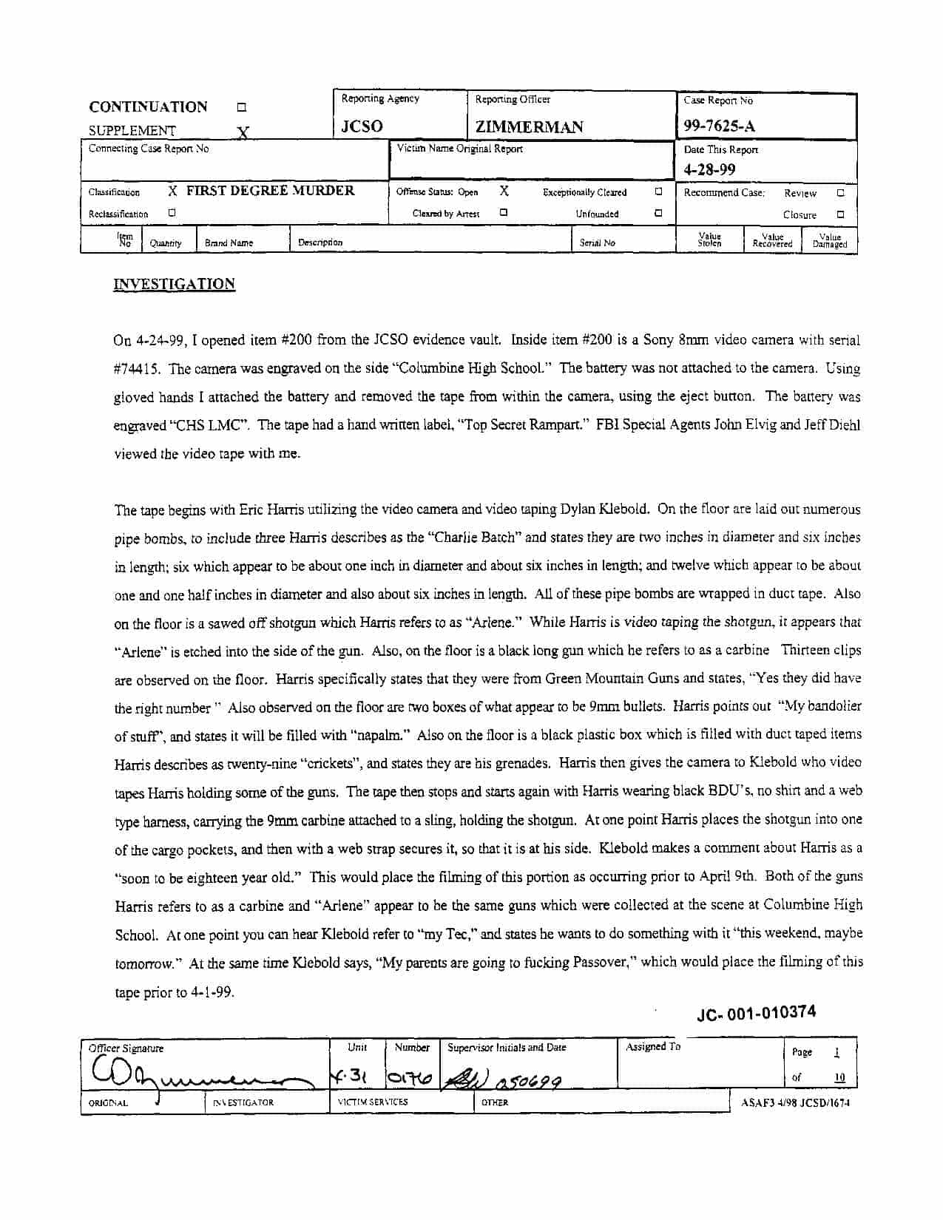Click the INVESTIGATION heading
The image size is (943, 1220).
[x=174, y=285]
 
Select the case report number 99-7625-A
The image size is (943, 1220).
[x=719, y=126]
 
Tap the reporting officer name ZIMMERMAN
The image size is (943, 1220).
[x=529, y=126]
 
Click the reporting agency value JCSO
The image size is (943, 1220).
[x=362, y=126]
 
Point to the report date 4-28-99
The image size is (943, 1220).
[x=709, y=169]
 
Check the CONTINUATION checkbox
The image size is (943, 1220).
[x=241, y=107]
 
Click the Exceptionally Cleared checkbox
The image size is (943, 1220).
[x=658, y=192]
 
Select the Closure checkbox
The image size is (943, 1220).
[x=840, y=214]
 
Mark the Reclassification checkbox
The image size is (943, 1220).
[x=172, y=213]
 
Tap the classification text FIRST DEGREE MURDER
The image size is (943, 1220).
[x=270, y=191]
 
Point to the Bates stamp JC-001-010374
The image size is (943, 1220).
[x=756, y=1012]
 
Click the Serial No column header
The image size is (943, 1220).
[x=597, y=243]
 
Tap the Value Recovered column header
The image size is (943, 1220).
[x=772, y=241]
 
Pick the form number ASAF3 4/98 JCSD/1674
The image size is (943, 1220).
[x=795, y=1102]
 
